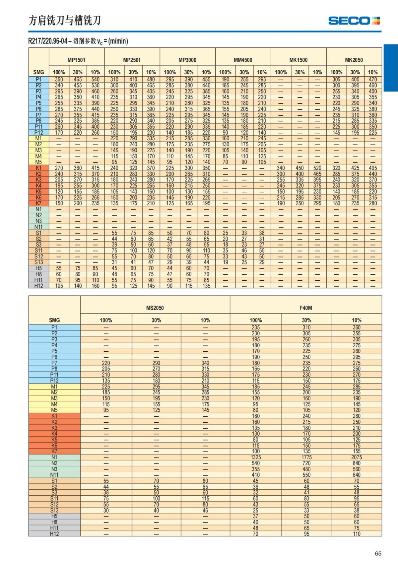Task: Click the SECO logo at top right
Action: coord(354,21)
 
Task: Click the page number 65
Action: coord(378,553)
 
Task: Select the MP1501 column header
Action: coord(76,60)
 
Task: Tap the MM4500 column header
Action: coord(243,60)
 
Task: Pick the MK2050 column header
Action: coord(354,60)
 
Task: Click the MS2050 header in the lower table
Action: coord(155,308)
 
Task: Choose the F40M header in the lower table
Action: coord(305,308)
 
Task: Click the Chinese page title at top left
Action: coord(65,21)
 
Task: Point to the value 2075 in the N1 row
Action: coord(357,457)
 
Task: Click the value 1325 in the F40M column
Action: coord(256,457)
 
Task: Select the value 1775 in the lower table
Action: coord(306,457)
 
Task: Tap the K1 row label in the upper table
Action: coord(39,168)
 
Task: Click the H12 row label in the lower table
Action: coord(54,534)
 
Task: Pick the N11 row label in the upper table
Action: coord(39,227)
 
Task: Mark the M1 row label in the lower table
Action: coord(54,387)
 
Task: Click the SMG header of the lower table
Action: coord(54,320)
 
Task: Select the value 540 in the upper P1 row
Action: coord(96,80)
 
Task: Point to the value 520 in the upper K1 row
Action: coord(317,168)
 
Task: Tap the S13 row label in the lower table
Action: coord(54,510)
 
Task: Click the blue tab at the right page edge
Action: coord(391,68)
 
